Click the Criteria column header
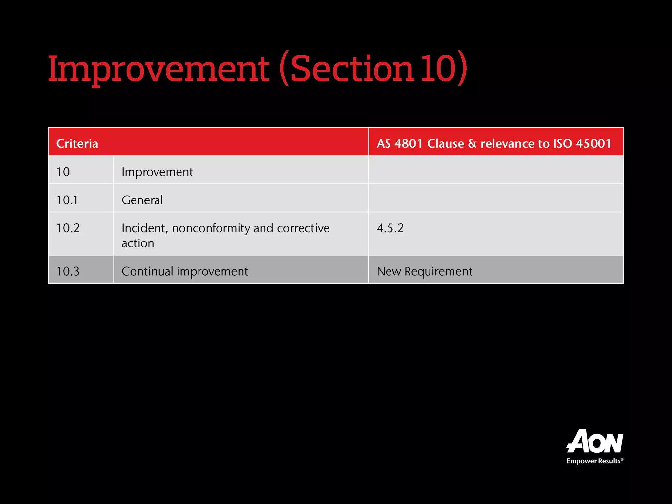[x=77, y=144]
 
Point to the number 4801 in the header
[x=409, y=144]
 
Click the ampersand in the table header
[x=472, y=144]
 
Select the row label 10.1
[x=67, y=200]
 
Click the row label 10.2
[x=68, y=228]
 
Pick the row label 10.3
[x=68, y=271]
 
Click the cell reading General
[x=142, y=200]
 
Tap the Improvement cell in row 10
[x=157, y=172]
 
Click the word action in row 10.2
[x=138, y=243]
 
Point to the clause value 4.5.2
[x=390, y=228]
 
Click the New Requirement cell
[x=424, y=271]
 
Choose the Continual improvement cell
[x=185, y=271]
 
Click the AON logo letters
[x=595, y=441]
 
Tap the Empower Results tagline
[x=595, y=461]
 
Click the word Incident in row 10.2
[x=145, y=228]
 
